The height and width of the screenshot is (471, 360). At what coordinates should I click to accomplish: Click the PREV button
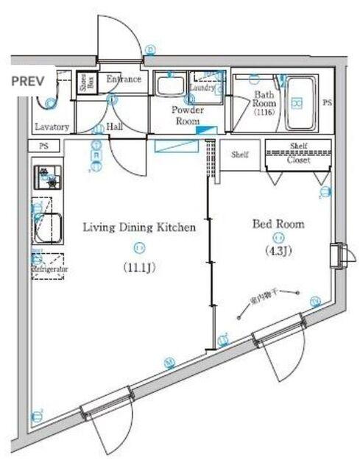pyautogui.click(x=27, y=80)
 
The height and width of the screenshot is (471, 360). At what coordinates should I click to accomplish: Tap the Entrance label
pyautogui.click(x=124, y=79)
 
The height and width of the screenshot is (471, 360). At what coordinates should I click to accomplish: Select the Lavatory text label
pyautogui.click(x=51, y=127)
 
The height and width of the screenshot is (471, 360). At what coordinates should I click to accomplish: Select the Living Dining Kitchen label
pyautogui.click(x=138, y=227)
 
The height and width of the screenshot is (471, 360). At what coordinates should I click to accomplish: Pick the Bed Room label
pyautogui.click(x=278, y=224)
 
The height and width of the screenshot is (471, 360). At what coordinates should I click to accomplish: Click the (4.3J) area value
pyautogui.click(x=278, y=252)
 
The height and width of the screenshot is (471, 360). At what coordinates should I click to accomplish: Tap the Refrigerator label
pyautogui.click(x=49, y=270)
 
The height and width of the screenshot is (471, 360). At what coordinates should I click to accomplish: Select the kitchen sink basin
pyautogui.click(x=49, y=226)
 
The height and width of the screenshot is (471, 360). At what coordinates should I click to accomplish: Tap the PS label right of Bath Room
pyautogui.click(x=327, y=104)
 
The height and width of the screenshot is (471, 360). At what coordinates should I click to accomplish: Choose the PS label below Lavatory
pyautogui.click(x=43, y=146)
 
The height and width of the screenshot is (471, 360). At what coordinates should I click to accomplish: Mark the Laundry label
pyautogui.click(x=202, y=88)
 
